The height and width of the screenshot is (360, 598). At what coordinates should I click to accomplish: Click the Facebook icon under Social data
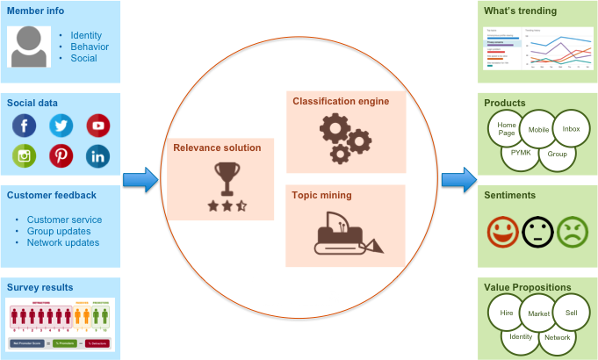point(25,126)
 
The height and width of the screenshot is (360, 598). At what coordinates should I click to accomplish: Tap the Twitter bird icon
point(61,126)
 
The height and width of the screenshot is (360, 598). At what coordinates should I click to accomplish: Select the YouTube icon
point(98,126)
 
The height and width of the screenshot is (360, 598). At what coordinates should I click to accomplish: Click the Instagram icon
point(25,156)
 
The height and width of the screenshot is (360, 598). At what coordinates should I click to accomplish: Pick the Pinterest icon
point(61,156)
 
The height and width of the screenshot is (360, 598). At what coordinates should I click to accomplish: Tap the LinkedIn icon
point(98,156)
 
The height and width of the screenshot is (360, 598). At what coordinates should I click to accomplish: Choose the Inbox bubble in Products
point(571,129)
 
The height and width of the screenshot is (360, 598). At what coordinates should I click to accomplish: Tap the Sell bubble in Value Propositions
point(571,313)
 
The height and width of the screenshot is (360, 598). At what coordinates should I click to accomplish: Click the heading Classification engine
point(340,101)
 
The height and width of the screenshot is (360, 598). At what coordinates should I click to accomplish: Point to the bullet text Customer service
point(64,220)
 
